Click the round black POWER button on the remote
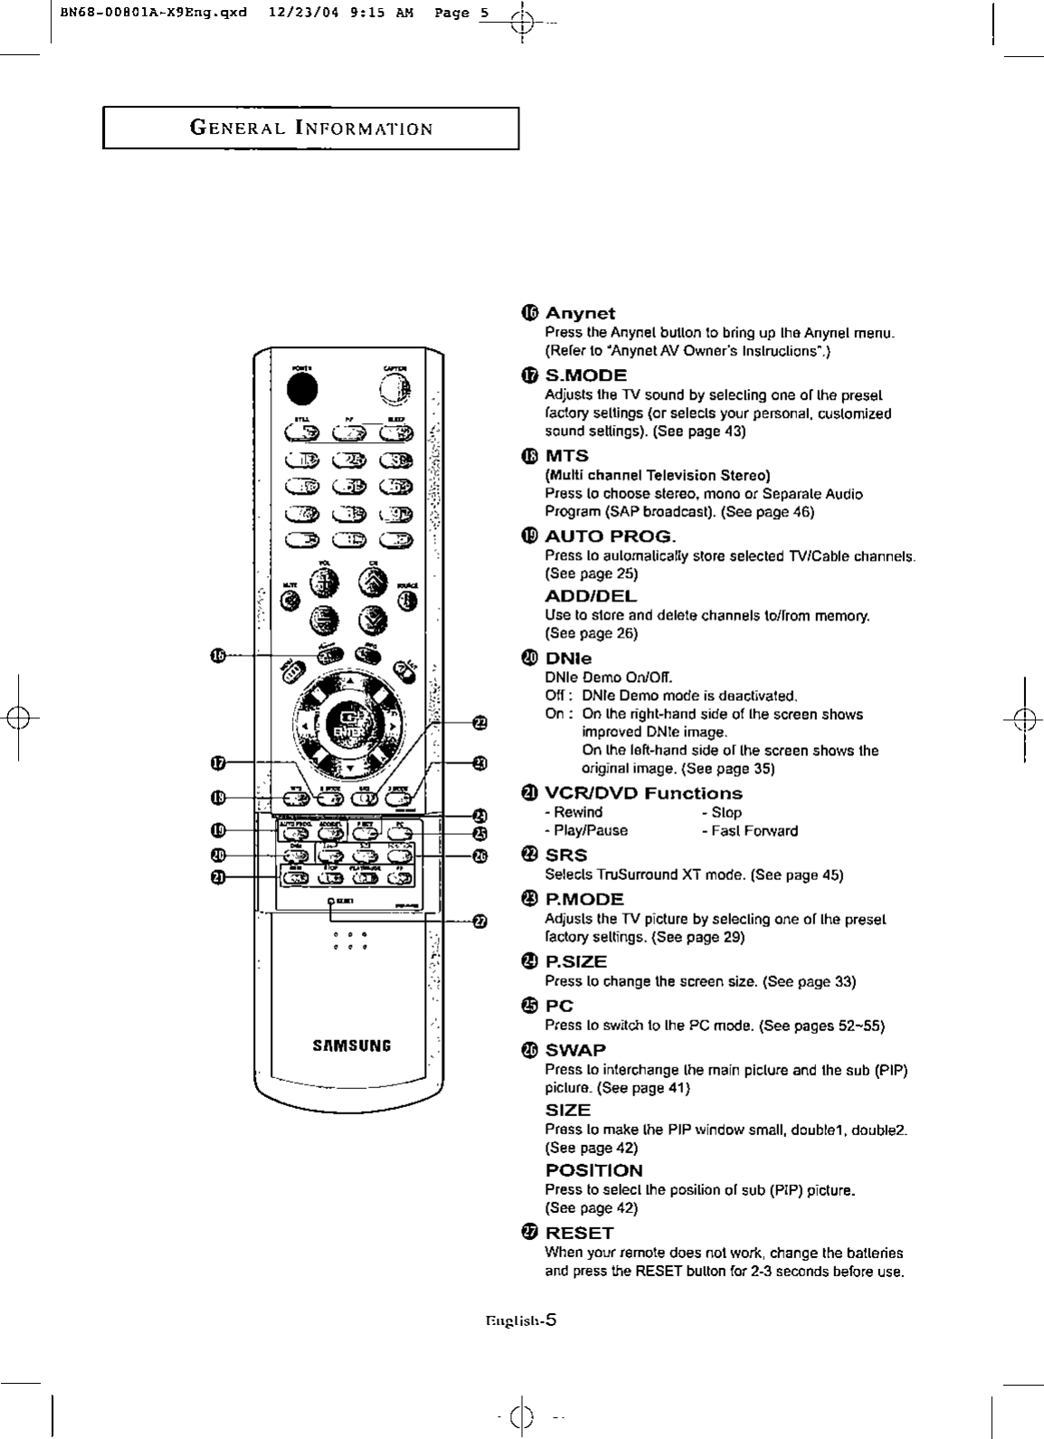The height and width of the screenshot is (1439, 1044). click(303, 387)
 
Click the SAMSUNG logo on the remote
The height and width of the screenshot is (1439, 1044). click(351, 1046)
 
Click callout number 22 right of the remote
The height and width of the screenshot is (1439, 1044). click(479, 721)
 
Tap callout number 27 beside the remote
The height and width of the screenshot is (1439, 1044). click(479, 922)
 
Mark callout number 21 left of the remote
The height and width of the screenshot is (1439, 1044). click(217, 876)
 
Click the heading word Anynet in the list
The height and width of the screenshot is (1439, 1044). click(580, 313)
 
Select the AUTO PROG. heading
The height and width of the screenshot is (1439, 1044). click(610, 535)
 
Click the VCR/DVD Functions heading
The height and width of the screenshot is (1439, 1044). click(643, 793)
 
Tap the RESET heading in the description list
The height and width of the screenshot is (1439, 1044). click(579, 1233)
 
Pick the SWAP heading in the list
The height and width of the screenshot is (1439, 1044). click(575, 1050)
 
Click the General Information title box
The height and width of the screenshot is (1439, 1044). click(310, 128)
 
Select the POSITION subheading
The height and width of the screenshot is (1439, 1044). click(593, 1170)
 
